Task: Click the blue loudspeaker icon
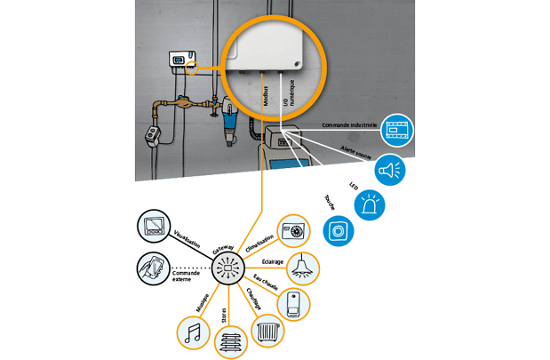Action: (390, 170)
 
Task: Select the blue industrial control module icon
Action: (397, 131)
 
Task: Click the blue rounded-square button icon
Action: (338, 231)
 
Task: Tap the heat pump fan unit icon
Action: (292, 230)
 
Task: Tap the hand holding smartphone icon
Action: (152, 268)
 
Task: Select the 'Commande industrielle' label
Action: (351, 125)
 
